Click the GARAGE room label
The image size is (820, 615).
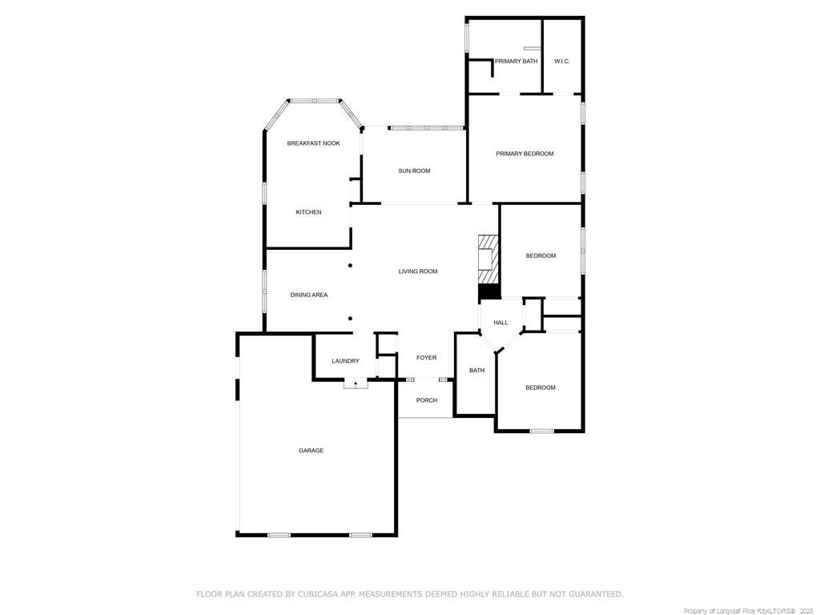pos(312,450)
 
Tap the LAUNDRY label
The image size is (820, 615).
pos(346,361)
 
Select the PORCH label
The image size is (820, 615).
pos(427,400)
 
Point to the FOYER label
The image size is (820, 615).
pos(427,358)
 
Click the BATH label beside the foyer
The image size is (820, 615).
pos(477,370)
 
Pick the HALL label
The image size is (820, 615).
pos(501,323)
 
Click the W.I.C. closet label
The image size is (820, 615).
pos(562,61)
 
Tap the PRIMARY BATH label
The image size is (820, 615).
pos(517,61)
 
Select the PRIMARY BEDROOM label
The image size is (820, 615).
pos(525,154)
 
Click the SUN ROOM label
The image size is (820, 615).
pos(414,171)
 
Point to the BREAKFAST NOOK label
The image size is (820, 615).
pos(314,143)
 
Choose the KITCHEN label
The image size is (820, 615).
pos(308,211)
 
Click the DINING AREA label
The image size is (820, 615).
pos(309,295)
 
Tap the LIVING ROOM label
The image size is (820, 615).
pos(418,271)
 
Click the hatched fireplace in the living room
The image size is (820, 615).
pos(488,259)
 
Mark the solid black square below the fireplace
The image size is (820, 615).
pos(489,292)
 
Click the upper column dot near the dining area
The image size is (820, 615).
pos(351,266)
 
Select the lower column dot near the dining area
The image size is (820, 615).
pos(351,319)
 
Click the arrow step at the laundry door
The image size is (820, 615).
pos(356,384)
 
